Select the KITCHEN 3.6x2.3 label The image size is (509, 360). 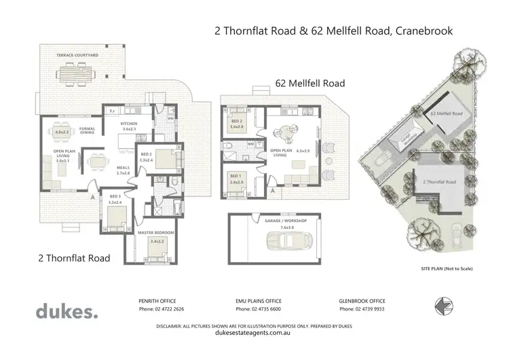tap(129, 126)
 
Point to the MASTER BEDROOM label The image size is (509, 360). tap(156, 232)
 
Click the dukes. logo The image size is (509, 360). tap(67, 311)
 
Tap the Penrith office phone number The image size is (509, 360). tap(161, 309)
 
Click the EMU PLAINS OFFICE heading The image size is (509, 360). tap(254, 300)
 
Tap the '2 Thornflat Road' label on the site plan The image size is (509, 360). tap(439, 182)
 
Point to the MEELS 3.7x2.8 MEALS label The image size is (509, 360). tap(123, 170)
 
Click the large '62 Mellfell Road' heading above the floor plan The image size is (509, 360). tap(309, 84)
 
